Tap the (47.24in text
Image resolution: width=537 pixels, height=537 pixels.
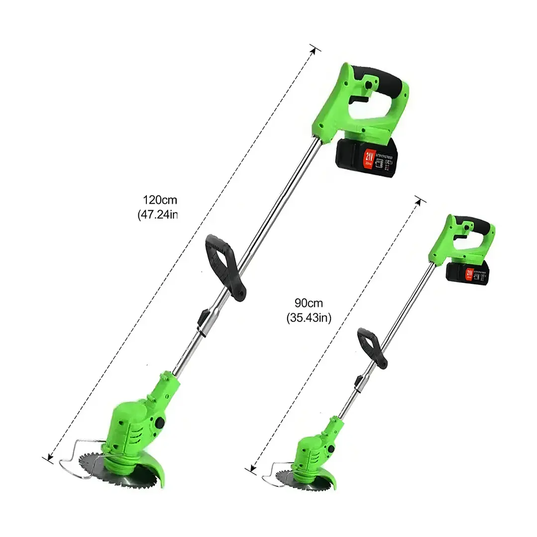pos(157,215)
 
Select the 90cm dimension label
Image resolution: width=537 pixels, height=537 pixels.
pos(309,303)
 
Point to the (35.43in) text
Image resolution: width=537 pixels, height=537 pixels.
pos(309,318)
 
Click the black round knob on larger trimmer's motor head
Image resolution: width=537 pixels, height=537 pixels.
pos(161,423)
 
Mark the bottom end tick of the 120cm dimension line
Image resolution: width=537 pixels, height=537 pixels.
pos(48,458)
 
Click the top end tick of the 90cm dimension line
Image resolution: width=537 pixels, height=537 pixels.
pos(421,200)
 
